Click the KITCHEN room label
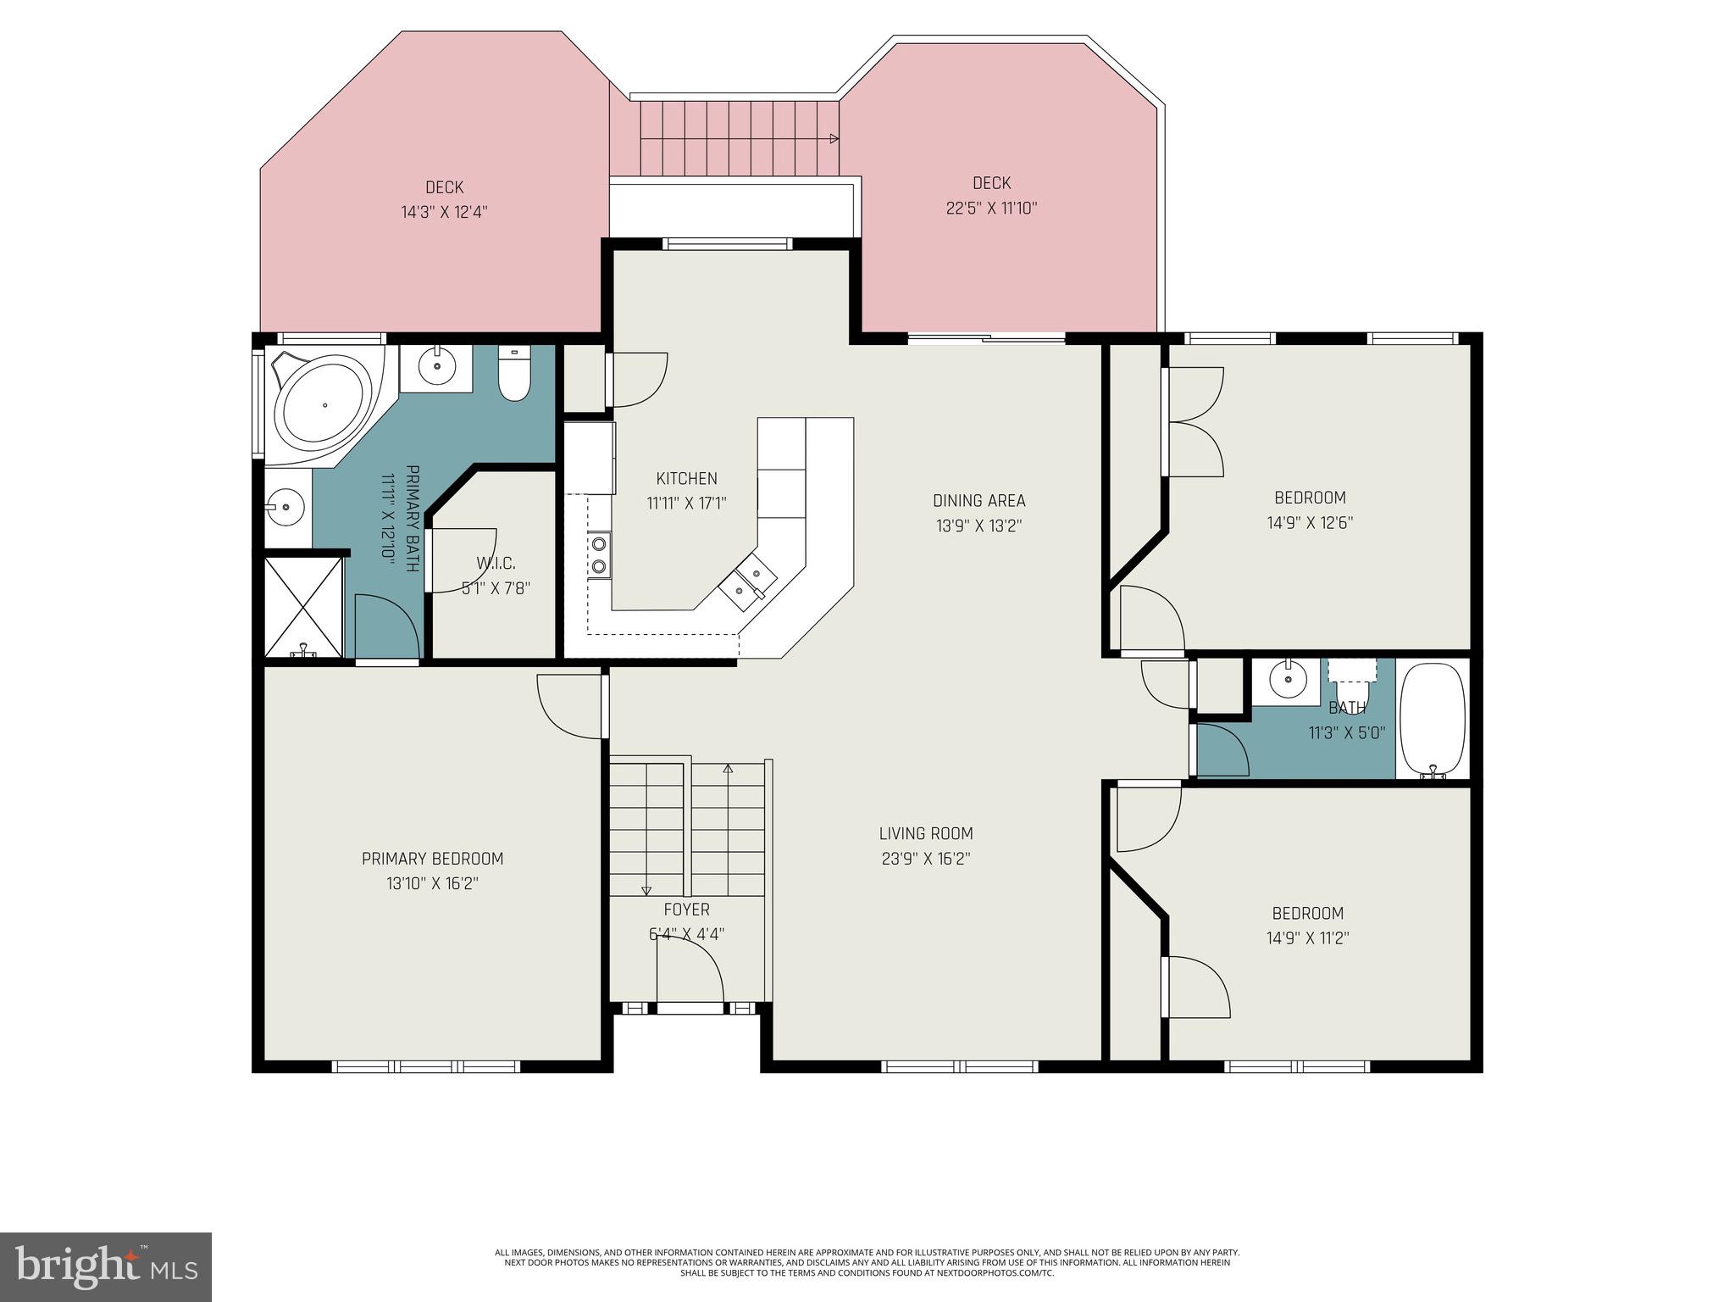coord(686,478)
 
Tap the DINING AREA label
coord(978,500)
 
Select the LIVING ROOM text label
coord(926,833)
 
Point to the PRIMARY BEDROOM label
coord(432,859)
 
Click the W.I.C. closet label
coord(496,563)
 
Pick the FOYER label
coord(686,910)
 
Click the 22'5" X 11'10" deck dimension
coord(991,208)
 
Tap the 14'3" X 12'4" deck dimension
coord(444,212)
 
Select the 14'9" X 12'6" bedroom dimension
coord(1310,523)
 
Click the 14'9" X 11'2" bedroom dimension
coord(1308,938)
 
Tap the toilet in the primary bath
coord(513,374)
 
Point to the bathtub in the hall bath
coord(1432,719)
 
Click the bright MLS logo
coord(106,1266)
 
